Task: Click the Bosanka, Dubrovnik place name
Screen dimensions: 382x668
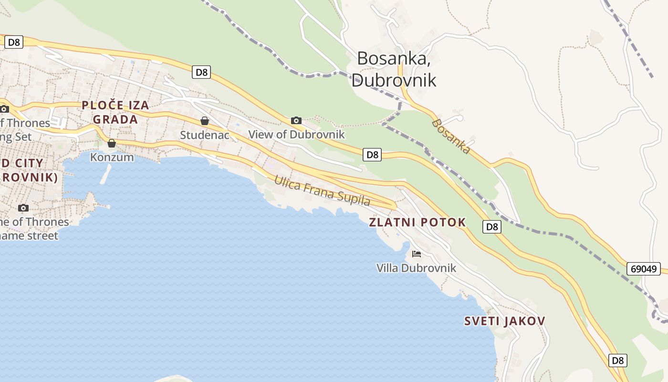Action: pos(394,69)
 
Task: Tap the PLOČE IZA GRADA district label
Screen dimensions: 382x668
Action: pos(115,112)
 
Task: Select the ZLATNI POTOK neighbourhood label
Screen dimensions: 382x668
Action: pos(417,222)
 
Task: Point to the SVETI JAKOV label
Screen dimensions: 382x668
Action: pos(504,321)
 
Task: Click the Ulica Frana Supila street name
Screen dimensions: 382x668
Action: pos(322,191)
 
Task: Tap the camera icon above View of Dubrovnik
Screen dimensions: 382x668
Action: pos(296,120)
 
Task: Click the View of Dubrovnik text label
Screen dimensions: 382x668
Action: pos(296,134)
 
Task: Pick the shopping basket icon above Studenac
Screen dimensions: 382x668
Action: pos(205,121)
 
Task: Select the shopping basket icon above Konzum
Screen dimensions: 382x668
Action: pos(112,143)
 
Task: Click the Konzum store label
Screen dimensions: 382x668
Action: pos(112,157)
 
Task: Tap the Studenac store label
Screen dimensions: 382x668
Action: pos(205,135)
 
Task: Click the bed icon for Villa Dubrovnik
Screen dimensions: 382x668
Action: pos(417,254)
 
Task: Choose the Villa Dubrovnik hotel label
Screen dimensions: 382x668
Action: pos(416,268)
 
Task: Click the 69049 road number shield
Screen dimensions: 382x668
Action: pos(644,269)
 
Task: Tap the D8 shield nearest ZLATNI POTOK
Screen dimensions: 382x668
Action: pos(492,227)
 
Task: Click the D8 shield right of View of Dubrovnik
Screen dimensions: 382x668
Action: pos(372,154)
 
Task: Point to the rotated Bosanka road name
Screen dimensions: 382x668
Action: pos(451,137)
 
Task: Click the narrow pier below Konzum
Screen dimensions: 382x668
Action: pos(105,174)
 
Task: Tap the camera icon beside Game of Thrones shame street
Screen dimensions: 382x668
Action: pos(23,208)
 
